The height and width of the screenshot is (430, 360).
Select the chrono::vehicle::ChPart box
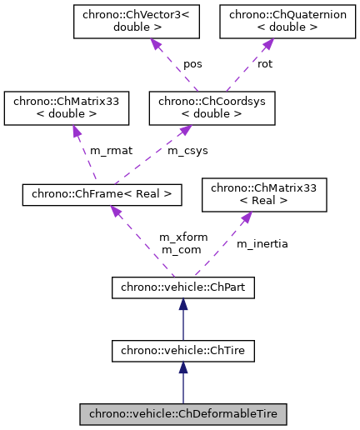point(182,288)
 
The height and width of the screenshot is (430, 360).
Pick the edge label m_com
point(177,249)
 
